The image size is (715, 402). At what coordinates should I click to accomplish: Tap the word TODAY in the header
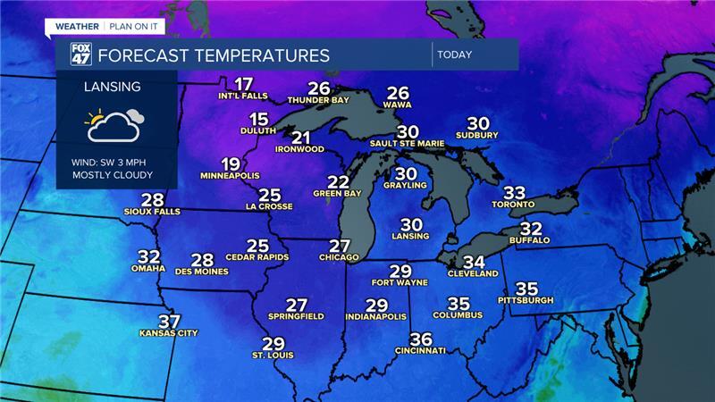tap(454, 54)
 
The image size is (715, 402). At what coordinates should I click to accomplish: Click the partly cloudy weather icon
tap(114, 126)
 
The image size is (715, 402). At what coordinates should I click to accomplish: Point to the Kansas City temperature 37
tap(169, 322)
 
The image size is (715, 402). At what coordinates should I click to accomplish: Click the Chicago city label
tap(339, 257)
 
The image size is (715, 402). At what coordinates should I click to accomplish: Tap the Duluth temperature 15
tap(259, 120)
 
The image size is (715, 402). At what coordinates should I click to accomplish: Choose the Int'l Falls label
tap(242, 95)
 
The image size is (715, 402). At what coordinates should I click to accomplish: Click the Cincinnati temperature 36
tap(420, 339)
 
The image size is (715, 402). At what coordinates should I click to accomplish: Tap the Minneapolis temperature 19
tap(231, 163)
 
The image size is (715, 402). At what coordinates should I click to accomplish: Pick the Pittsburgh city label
tap(526, 300)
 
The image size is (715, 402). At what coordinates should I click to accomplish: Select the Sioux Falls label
tap(153, 212)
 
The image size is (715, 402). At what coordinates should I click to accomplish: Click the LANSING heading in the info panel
tap(112, 87)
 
